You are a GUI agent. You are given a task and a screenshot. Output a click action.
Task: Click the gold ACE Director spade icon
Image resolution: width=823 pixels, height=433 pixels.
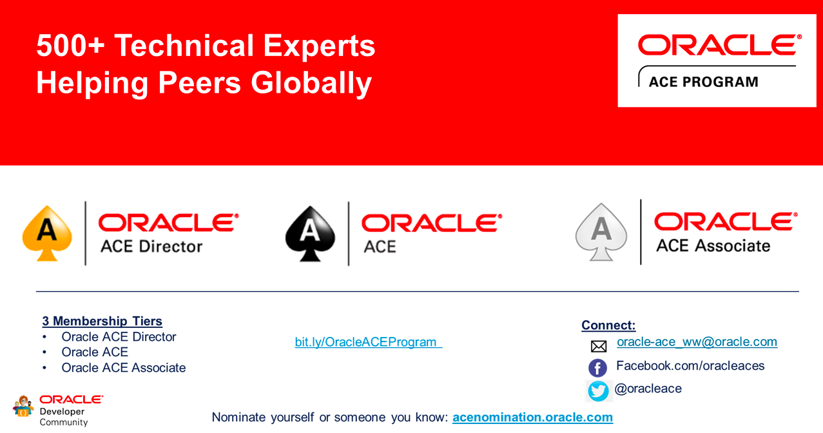pos(47,234)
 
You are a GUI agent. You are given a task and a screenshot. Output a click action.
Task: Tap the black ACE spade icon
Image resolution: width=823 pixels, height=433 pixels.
pos(310,234)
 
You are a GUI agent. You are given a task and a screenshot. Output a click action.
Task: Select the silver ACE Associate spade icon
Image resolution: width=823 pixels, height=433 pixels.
pos(601,232)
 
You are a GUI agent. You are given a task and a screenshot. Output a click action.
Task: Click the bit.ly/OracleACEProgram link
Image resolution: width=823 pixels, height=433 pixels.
pos(369,342)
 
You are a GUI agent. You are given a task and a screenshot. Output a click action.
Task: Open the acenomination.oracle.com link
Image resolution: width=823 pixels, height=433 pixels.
pos(533,417)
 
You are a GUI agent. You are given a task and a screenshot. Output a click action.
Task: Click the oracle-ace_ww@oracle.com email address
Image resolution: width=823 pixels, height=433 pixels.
pos(697,342)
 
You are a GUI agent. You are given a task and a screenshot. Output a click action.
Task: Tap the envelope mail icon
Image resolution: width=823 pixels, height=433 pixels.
pos(599,346)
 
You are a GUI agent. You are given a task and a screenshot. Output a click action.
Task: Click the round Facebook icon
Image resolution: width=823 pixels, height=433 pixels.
pos(598,368)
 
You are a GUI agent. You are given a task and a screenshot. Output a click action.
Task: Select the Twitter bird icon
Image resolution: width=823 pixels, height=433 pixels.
pos(598,390)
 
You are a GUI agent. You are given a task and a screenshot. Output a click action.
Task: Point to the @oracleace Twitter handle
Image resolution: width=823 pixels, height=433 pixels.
pos(648,389)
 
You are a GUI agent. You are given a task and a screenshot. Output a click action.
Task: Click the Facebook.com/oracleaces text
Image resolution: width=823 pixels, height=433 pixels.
pos(690,366)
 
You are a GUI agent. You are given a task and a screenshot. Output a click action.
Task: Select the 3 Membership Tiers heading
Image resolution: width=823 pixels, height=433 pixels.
pos(102,321)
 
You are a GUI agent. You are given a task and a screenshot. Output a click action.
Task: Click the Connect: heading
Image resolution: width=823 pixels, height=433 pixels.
pos(608,325)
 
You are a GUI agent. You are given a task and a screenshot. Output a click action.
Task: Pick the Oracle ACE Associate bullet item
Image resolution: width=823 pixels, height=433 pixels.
pos(124,368)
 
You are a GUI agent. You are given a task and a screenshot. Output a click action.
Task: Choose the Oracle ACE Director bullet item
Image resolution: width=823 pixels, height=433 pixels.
pos(119,337)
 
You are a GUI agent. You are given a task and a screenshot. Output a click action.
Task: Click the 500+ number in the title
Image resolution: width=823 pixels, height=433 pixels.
pos(70,46)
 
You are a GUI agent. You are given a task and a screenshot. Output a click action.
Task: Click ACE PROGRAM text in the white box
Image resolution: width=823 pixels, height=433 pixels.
pos(704,82)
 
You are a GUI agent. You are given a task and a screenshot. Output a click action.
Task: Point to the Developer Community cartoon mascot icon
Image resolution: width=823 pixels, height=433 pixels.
pos(23,406)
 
